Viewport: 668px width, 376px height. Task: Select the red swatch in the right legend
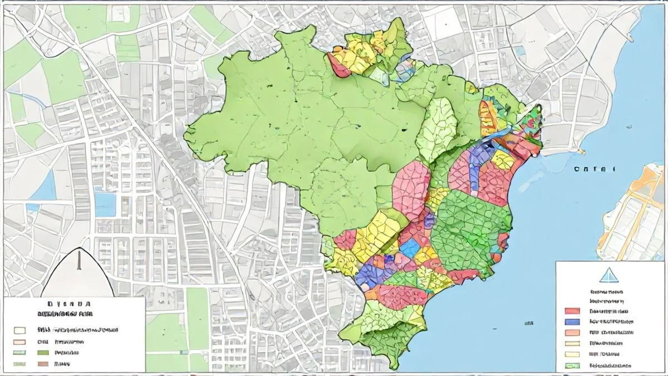572,311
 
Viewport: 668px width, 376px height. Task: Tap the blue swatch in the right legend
572,322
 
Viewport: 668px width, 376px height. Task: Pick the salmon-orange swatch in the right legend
572,333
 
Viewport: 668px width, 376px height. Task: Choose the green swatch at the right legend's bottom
572,365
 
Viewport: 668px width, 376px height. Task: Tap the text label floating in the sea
593,168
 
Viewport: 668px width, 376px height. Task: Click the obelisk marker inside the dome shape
78,262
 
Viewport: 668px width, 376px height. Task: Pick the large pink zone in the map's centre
411,189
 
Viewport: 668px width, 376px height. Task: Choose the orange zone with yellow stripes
489,114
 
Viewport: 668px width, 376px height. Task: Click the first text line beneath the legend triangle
607,291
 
